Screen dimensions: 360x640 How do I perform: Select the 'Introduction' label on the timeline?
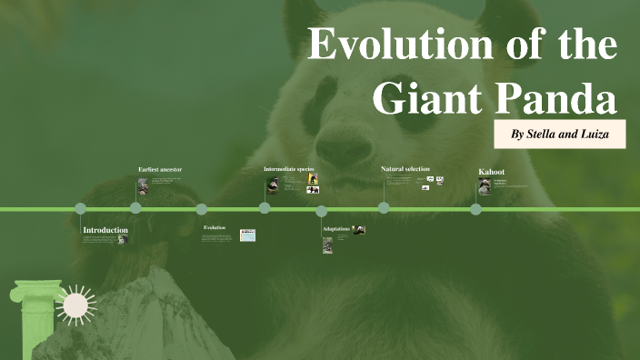coord(105,231)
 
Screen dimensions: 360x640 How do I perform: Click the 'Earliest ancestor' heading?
coord(160,170)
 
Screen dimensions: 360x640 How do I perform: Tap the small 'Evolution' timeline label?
coord(215,228)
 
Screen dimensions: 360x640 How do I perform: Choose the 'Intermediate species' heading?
coord(288,170)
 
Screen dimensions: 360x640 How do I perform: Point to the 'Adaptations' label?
coord(335,229)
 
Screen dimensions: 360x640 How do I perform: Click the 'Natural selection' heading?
coord(405,169)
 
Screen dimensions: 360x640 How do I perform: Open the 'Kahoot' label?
coord(491,172)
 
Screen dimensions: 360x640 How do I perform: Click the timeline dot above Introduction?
coord(81,208)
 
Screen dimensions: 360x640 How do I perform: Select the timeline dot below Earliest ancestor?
coord(135,208)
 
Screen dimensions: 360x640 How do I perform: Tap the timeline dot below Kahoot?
coord(475,208)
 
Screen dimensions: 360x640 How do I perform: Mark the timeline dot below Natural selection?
coord(384,208)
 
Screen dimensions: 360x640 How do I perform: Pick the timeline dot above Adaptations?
coord(322,211)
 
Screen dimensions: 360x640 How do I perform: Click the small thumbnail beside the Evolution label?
coord(247,235)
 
